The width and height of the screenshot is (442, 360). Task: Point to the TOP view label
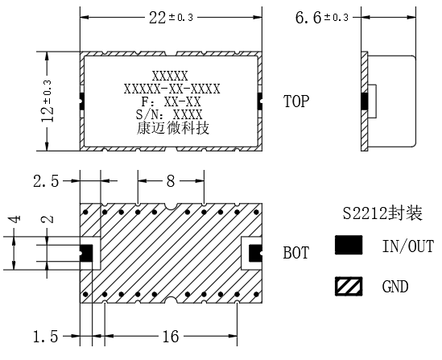coord(296,101)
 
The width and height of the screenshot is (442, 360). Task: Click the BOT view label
coord(296,253)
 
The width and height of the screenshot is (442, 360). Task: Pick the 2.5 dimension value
coord(46,181)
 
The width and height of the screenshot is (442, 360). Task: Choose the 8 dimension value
coord(171,181)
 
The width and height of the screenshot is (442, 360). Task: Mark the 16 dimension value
coord(171,337)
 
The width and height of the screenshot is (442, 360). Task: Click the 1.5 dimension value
coord(46,337)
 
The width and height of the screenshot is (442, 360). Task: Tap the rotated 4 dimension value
coord(16,219)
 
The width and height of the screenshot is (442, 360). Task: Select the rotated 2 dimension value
coord(48,219)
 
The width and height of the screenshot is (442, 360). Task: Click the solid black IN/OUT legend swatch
coord(349,245)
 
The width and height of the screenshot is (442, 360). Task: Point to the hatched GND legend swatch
coord(349,287)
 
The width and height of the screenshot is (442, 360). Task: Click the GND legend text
coord(395,287)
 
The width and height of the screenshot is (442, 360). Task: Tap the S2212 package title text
coord(382,213)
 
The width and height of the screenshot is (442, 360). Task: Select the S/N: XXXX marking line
coord(169,114)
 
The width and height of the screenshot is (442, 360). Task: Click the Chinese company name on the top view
coord(173,128)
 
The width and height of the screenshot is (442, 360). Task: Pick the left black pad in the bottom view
coord(86,253)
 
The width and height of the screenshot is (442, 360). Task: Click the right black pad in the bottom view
coord(255,253)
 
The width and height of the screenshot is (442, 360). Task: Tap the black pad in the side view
coord(365,101)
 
